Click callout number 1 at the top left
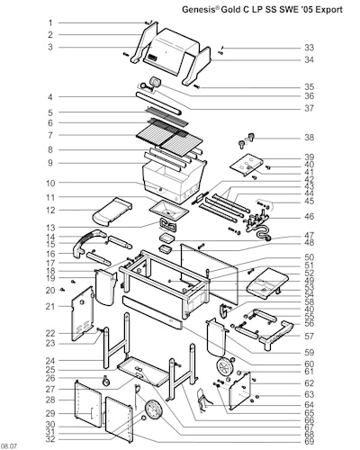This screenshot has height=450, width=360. pos(50,22)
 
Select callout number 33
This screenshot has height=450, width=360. pos(310,48)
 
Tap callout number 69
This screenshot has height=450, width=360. pos(310,442)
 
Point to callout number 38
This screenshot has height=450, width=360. pos(310,138)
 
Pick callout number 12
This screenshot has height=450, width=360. pos(50,211)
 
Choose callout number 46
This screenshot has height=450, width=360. pos(310,216)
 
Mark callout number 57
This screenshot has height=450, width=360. pos(310,337)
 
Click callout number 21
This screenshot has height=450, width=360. pos(50,307)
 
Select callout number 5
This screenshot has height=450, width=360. pos(50,112)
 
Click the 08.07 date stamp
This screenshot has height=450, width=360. pos(8,446)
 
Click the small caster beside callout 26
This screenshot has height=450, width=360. pos(106,381)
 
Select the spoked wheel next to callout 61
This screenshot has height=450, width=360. pos(225,366)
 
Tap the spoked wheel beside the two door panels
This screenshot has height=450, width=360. pos(153,409)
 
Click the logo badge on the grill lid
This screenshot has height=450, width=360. pos(152,57)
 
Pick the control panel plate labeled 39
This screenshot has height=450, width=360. pos(247,165)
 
